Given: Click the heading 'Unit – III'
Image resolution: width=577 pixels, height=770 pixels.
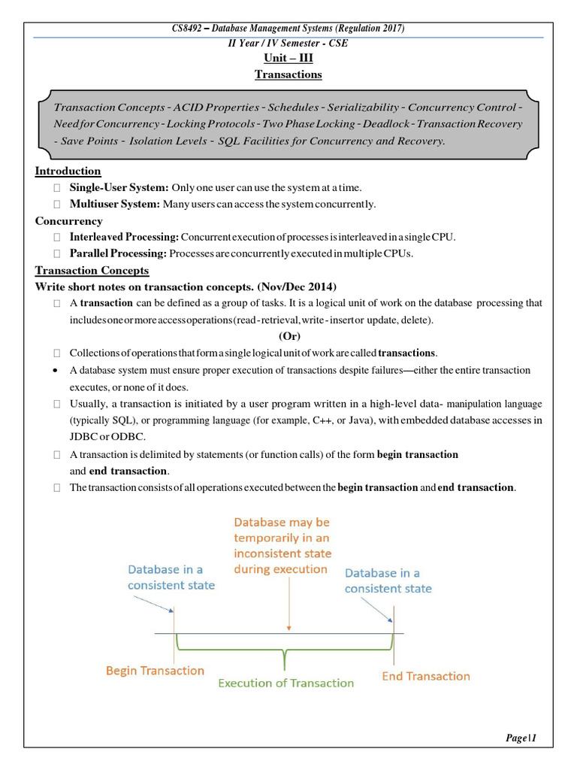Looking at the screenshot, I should (x=288, y=59).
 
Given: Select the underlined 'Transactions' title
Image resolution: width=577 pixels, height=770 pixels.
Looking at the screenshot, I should (x=288, y=74).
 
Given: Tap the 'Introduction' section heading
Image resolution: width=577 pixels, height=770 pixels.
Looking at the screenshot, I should (x=68, y=171).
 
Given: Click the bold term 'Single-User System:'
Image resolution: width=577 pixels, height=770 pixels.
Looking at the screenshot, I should (x=119, y=187).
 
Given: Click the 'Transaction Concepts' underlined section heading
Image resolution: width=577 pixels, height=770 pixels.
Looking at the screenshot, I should (x=92, y=270).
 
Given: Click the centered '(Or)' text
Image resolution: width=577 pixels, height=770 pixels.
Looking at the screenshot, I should (x=289, y=336).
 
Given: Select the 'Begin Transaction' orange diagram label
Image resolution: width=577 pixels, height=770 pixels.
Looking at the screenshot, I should (x=155, y=670).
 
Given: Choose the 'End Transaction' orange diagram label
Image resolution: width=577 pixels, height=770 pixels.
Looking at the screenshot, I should (x=425, y=676).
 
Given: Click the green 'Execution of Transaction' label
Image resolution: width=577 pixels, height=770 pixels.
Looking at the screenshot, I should (x=285, y=683).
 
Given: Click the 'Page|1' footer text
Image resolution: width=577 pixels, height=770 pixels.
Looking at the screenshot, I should (x=521, y=738).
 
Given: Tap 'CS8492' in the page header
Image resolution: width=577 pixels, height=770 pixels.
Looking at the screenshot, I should (x=188, y=29).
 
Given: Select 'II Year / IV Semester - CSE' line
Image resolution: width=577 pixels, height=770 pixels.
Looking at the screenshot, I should (x=288, y=43).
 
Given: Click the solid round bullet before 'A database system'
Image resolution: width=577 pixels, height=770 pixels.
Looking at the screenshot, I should (x=56, y=371).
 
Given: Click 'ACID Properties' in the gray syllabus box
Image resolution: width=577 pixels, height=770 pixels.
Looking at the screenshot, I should (x=222, y=108).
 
